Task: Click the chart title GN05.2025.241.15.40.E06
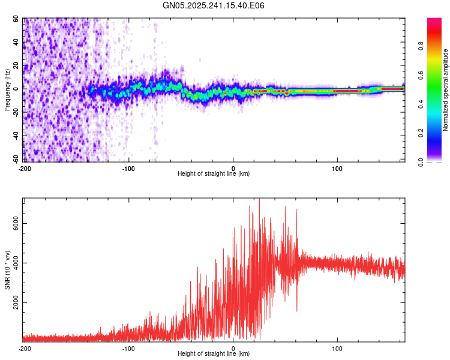pyautogui.click(x=214, y=5)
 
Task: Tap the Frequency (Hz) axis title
pyautogui.click(x=8, y=90)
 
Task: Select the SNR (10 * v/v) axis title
pyautogui.click(x=8, y=270)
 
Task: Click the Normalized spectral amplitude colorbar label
pyautogui.click(x=446, y=90)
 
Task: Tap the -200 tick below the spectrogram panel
pyautogui.click(x=25, y=167)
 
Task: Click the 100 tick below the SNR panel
pyautogui.click(x=337, y=348)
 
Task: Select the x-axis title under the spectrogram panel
pyautogui.click(x=214, y=174)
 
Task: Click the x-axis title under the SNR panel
pyautogui.click(x=214, y=355)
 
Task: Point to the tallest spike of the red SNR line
pyautogui.click(x=259, y=199)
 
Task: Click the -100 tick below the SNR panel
pyautogui.click(x=128, y=348)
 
